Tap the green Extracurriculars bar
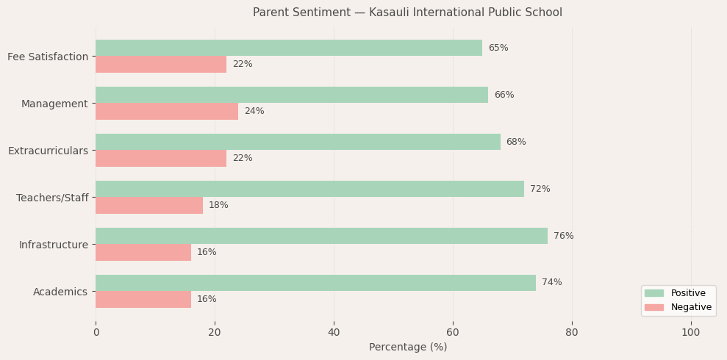click(298, 142)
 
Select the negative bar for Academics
click(143, 299)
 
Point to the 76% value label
click(563, 236)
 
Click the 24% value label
click(254, 111)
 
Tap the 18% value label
click(218, 205)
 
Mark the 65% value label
click(498, 48)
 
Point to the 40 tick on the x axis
click(334, 333)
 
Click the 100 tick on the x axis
click(690, 333)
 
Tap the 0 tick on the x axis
click(96, 333)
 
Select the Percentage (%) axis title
click(407, 347)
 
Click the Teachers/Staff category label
click(52, 198)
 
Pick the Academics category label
click(60, 292)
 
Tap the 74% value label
click(551, 283)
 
